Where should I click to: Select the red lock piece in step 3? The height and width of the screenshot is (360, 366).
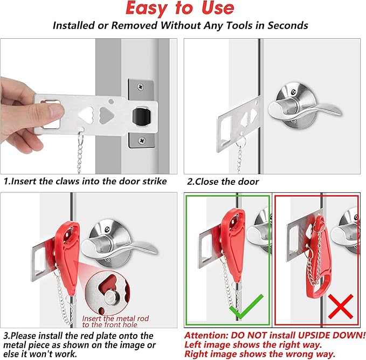pyautogui.click(x=67, y=248)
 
